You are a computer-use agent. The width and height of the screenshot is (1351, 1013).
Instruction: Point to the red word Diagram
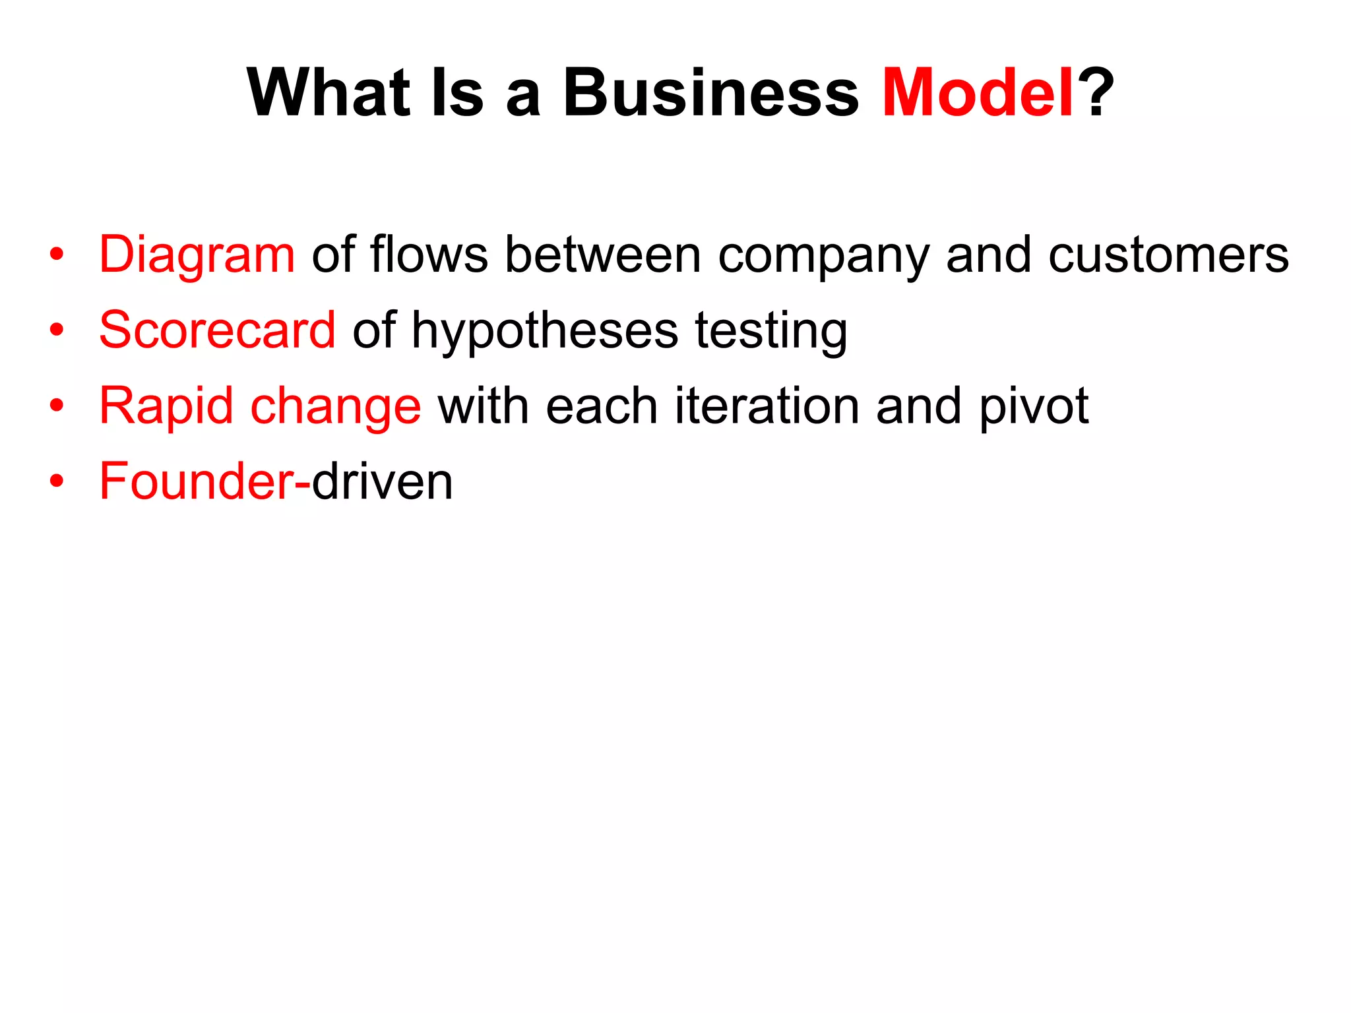click(197, 256)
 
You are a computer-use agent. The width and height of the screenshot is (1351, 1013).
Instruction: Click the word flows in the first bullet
click(429, 255)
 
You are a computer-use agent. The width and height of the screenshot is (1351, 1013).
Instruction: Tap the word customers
click(1168, 256)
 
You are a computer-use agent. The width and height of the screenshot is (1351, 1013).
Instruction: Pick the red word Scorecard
click(217, 330)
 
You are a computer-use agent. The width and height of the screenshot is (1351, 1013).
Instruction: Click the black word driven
click(383, 482)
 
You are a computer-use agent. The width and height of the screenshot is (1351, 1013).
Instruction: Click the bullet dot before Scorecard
click(57, 330)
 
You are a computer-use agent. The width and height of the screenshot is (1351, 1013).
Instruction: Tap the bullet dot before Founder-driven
click(57, 481)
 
